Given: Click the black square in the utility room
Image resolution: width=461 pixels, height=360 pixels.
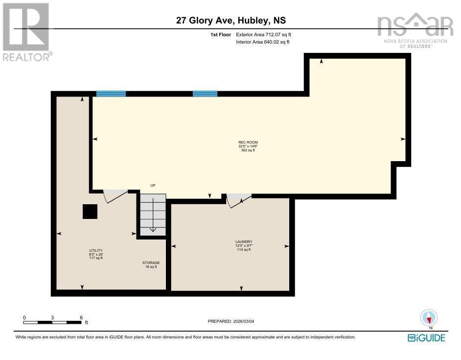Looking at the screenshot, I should [x=90, y=212].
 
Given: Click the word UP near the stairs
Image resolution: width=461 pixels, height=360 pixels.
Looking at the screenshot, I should [x=152, y=185].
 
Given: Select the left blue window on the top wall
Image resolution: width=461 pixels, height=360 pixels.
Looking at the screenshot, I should [x=111, y=94].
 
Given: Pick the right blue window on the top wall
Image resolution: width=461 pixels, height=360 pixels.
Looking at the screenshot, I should [x=205, y=94].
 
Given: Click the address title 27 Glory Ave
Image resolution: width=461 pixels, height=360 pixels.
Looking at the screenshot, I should [x=231, y=21].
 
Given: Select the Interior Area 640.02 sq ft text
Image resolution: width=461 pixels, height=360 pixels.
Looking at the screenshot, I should [x=262, y=42].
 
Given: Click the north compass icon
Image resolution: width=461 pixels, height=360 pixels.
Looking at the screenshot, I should [x=429, y=318].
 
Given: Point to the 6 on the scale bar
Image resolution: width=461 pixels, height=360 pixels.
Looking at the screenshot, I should [x=81, y=317].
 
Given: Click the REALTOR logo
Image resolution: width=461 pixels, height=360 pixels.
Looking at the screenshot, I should [x=26, y=31].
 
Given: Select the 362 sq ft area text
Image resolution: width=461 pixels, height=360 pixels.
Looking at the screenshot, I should [x=248, y=150].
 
